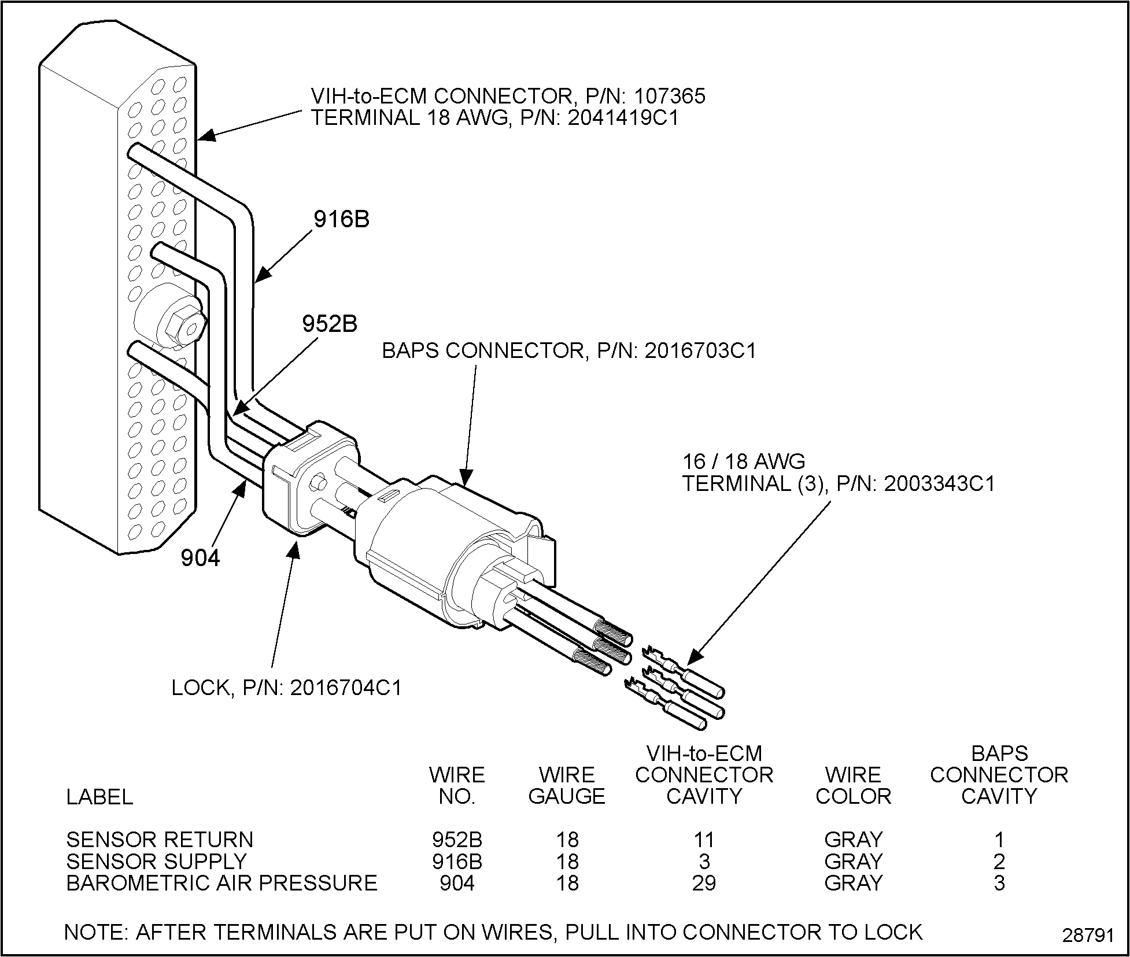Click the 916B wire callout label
(341, 219)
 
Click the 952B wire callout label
(330, 324)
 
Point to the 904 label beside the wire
(200, 558)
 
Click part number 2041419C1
(622, 117)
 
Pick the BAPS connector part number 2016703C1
(700, 351)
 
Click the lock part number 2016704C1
(345, 688)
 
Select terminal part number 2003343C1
(939, 483)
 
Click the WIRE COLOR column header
(853, 785)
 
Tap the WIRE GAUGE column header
(567, 785)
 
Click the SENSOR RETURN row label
(160, 839)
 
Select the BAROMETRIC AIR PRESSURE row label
(221, 883)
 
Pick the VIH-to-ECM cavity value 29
(704, 883)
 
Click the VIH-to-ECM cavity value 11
(704, 839)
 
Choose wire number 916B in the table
(457, 861)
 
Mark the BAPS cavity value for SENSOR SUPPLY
(999, 861)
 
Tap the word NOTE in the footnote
(95, 932)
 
